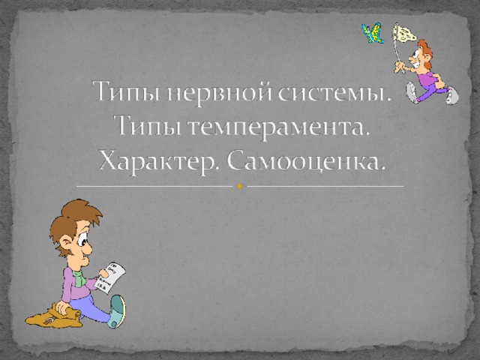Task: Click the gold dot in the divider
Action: [240, 186]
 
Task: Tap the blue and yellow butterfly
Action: [373, 33]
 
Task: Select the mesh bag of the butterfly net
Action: [405, 34]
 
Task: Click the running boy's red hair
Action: [425, 52]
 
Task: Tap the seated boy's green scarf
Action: [79, 277]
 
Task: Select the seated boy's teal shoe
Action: [118, 311]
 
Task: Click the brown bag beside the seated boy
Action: [54, 315]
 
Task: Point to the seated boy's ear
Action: [65, 243]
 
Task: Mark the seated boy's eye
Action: [82, 239]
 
